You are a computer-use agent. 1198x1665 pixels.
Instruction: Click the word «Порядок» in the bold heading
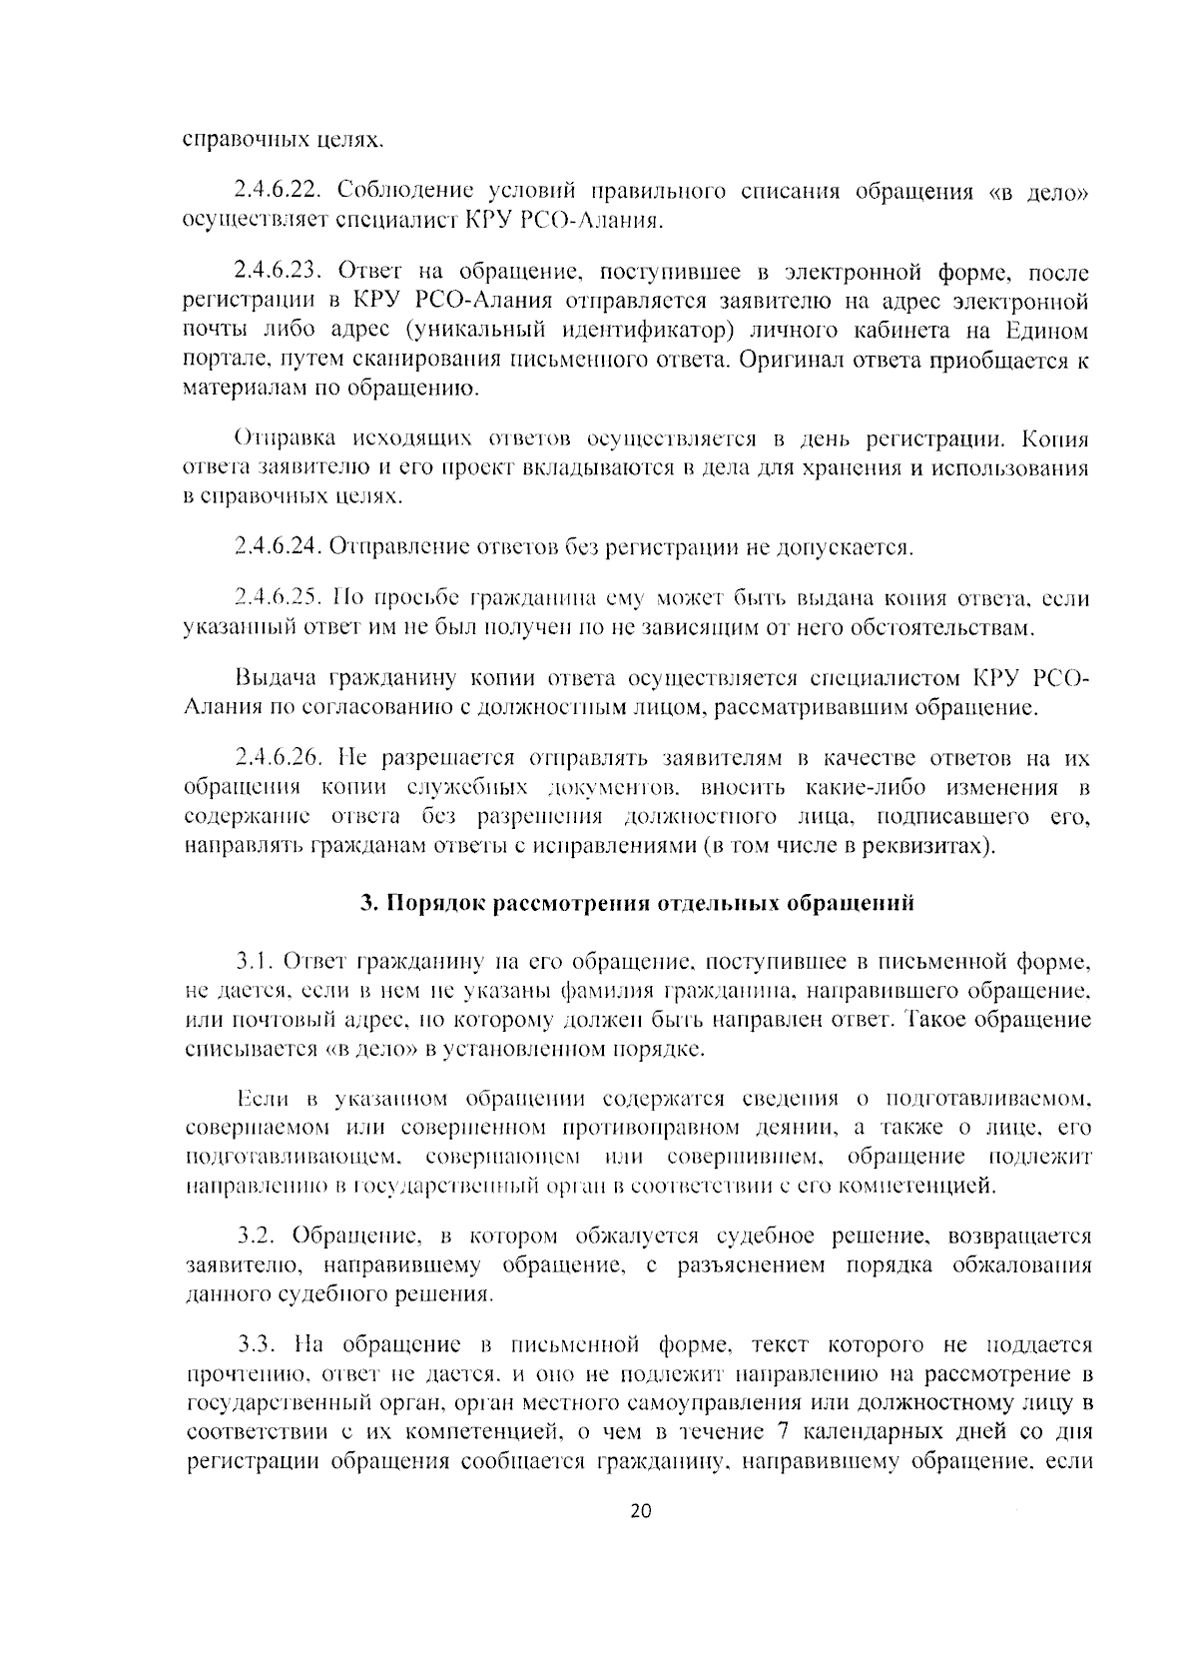tap(430, 903)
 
